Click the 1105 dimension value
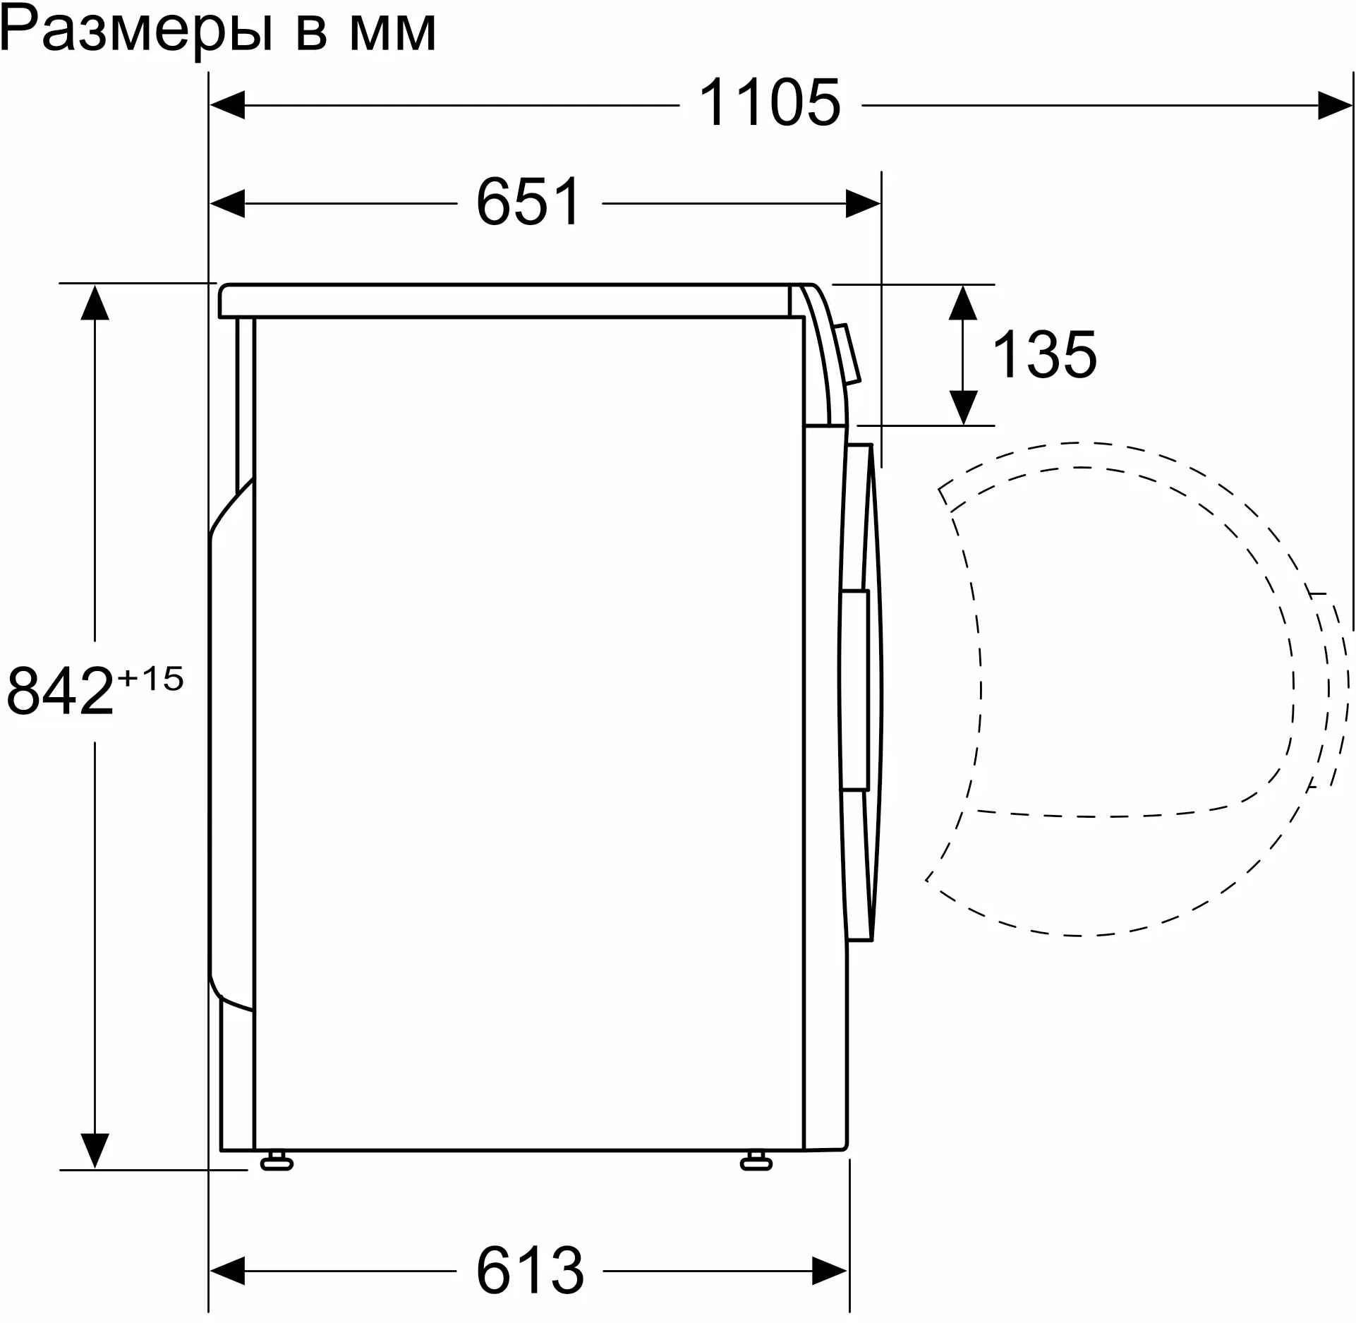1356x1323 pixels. pos(770,103)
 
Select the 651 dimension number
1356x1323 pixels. pos(528,202)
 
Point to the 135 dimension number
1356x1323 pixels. pos(1045,354)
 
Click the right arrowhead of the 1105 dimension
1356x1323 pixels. pos(1336,105)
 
